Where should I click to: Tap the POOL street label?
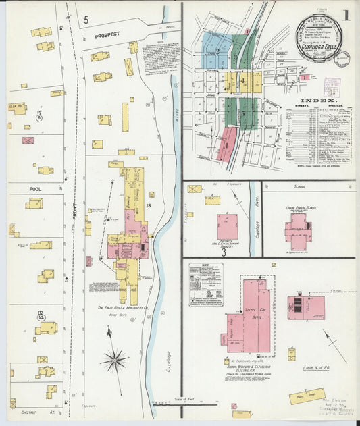coord(35,190)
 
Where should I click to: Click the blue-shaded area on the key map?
coord(217,51)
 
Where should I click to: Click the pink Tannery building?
coord(228,226)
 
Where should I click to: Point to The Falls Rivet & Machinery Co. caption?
coord(119,307)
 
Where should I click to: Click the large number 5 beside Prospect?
coord(86,20)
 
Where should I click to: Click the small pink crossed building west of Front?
coord(28,141)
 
